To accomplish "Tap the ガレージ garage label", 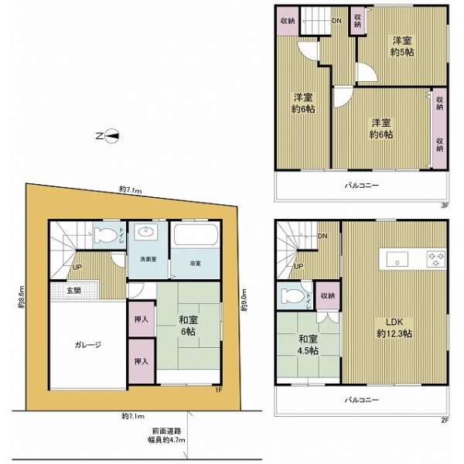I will point(88,345).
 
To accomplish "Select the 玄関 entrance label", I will point(73,290).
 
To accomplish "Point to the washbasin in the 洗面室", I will point(145,234).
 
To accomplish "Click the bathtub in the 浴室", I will point(195,236).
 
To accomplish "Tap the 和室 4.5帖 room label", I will point(309,344).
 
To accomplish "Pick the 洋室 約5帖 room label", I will point(400,46).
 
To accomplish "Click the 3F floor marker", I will point(445,206).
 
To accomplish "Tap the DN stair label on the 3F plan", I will point(337,21).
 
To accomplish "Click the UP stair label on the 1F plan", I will point(77,268).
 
